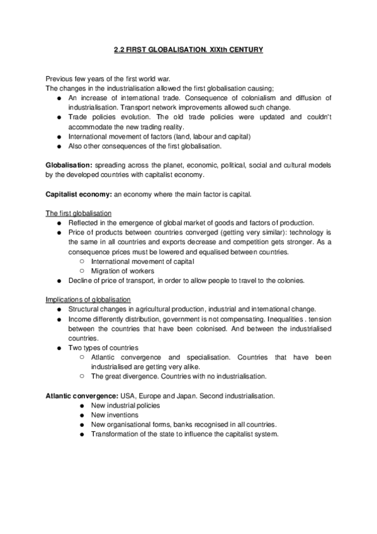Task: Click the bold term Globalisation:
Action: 69,164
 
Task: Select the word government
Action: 184,319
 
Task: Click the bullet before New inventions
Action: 83,415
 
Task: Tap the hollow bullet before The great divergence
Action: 83,376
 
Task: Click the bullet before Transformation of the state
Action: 83,435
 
